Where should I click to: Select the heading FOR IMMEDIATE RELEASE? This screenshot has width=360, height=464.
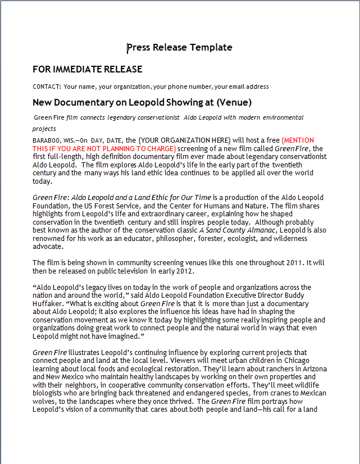pos(87,69)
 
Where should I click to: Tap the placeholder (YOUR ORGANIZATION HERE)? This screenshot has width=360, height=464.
pos(184,140)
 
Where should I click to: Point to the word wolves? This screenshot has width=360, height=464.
pos(45,402)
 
